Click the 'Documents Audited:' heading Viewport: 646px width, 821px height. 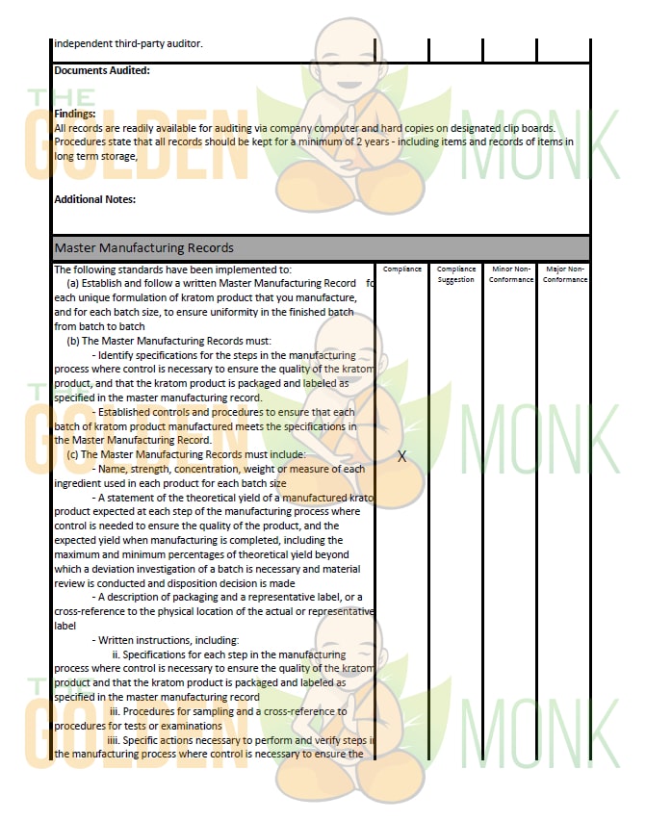pyautogui.click(x=102, y=70)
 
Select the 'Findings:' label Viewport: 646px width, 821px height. pyautogui.click(x=75, y=114)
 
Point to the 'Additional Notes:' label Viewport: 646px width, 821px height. pyautogui.click(x=95, y=199)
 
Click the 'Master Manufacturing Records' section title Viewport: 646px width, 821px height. pyautogui.click(x=143, y=247)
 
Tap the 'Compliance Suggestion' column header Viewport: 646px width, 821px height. pyautogui.click(x=456, y=274)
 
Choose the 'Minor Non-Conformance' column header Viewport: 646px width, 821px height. pyautogui.click(x=510, y=274)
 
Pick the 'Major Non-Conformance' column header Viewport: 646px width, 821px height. pyautogui.click(x=564, y=274)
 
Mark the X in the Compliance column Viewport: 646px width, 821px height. pyautogui.click(x=402, y=456)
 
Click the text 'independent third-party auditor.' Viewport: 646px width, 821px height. pyautogui.click(x=128, y=42)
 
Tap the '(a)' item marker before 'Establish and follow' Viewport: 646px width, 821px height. pyautogui.click(x=72, y=284)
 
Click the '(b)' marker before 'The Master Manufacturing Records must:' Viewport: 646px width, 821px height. pyautogui.click(x=72, y=341)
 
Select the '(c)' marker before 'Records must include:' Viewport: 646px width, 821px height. pyautogui.click(x=72, y=454)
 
